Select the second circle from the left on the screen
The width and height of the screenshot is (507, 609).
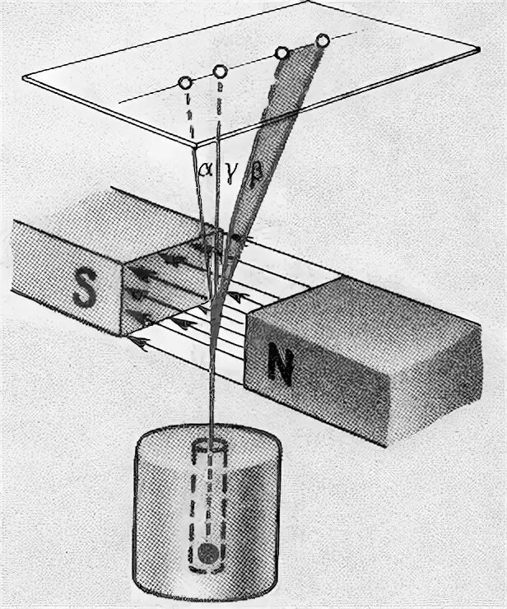(x=221, y=71)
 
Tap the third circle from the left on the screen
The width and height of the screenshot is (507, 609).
(x=281, y=53)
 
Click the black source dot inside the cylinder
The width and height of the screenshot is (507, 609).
(x=212, y=551)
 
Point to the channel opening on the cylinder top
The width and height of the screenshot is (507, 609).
(x=211, y=449)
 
